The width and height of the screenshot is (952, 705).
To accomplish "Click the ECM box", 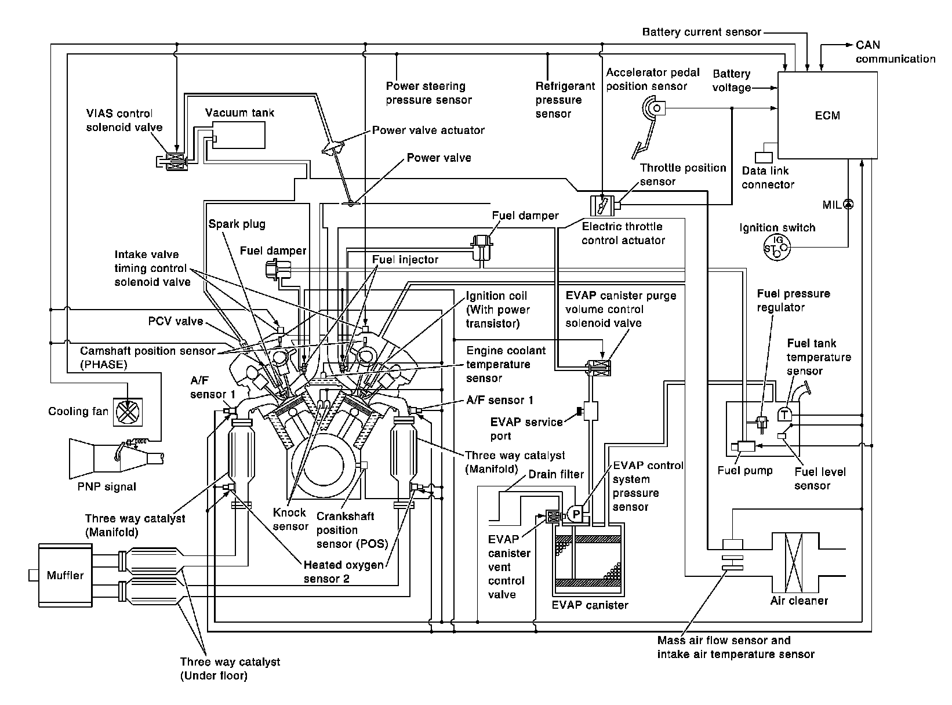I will tap(827, 115).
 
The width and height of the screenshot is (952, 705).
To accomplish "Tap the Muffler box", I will tap(65, 575).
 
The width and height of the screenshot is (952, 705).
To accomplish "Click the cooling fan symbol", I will tap(126, 412).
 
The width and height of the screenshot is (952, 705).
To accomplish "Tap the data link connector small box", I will tap(764, 157).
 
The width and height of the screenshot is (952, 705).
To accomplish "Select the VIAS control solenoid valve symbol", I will tap(174, 162).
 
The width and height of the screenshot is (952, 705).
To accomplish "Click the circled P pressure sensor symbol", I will tap(575, 512).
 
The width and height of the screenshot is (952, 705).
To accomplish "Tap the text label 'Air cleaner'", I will tap(799, 601).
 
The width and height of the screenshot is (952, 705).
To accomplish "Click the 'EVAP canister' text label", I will tap(590, 605).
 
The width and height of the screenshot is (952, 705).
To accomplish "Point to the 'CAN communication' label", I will tap(895, 52).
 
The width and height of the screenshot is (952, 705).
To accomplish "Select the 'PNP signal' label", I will tap(107, 487).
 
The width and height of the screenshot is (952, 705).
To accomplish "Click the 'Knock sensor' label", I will tap(290, 519).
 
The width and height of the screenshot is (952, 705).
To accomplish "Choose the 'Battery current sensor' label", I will tap(702, 32).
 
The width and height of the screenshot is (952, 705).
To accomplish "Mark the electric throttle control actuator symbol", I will tap(601, 205).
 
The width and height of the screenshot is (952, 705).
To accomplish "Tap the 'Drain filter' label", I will tap(556, 475).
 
